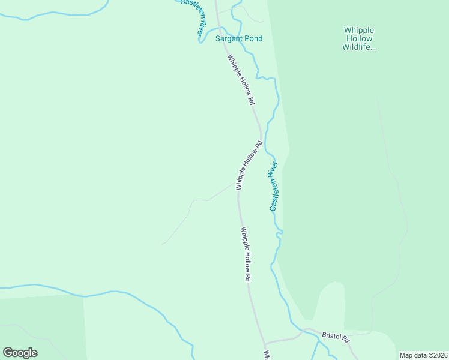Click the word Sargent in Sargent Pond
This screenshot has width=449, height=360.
[229, 38]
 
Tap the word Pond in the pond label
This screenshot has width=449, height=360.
[253, 38]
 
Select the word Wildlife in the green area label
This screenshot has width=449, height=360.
[358, 47]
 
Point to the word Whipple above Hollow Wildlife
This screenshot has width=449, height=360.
[358, 30]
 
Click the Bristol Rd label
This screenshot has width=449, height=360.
[336, 337]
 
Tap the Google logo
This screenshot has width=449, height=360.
[20, 353]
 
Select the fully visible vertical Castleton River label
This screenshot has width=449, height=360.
[274, 186]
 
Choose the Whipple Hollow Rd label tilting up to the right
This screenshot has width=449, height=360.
[250, 166]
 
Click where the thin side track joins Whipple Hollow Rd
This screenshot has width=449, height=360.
[237, 185]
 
